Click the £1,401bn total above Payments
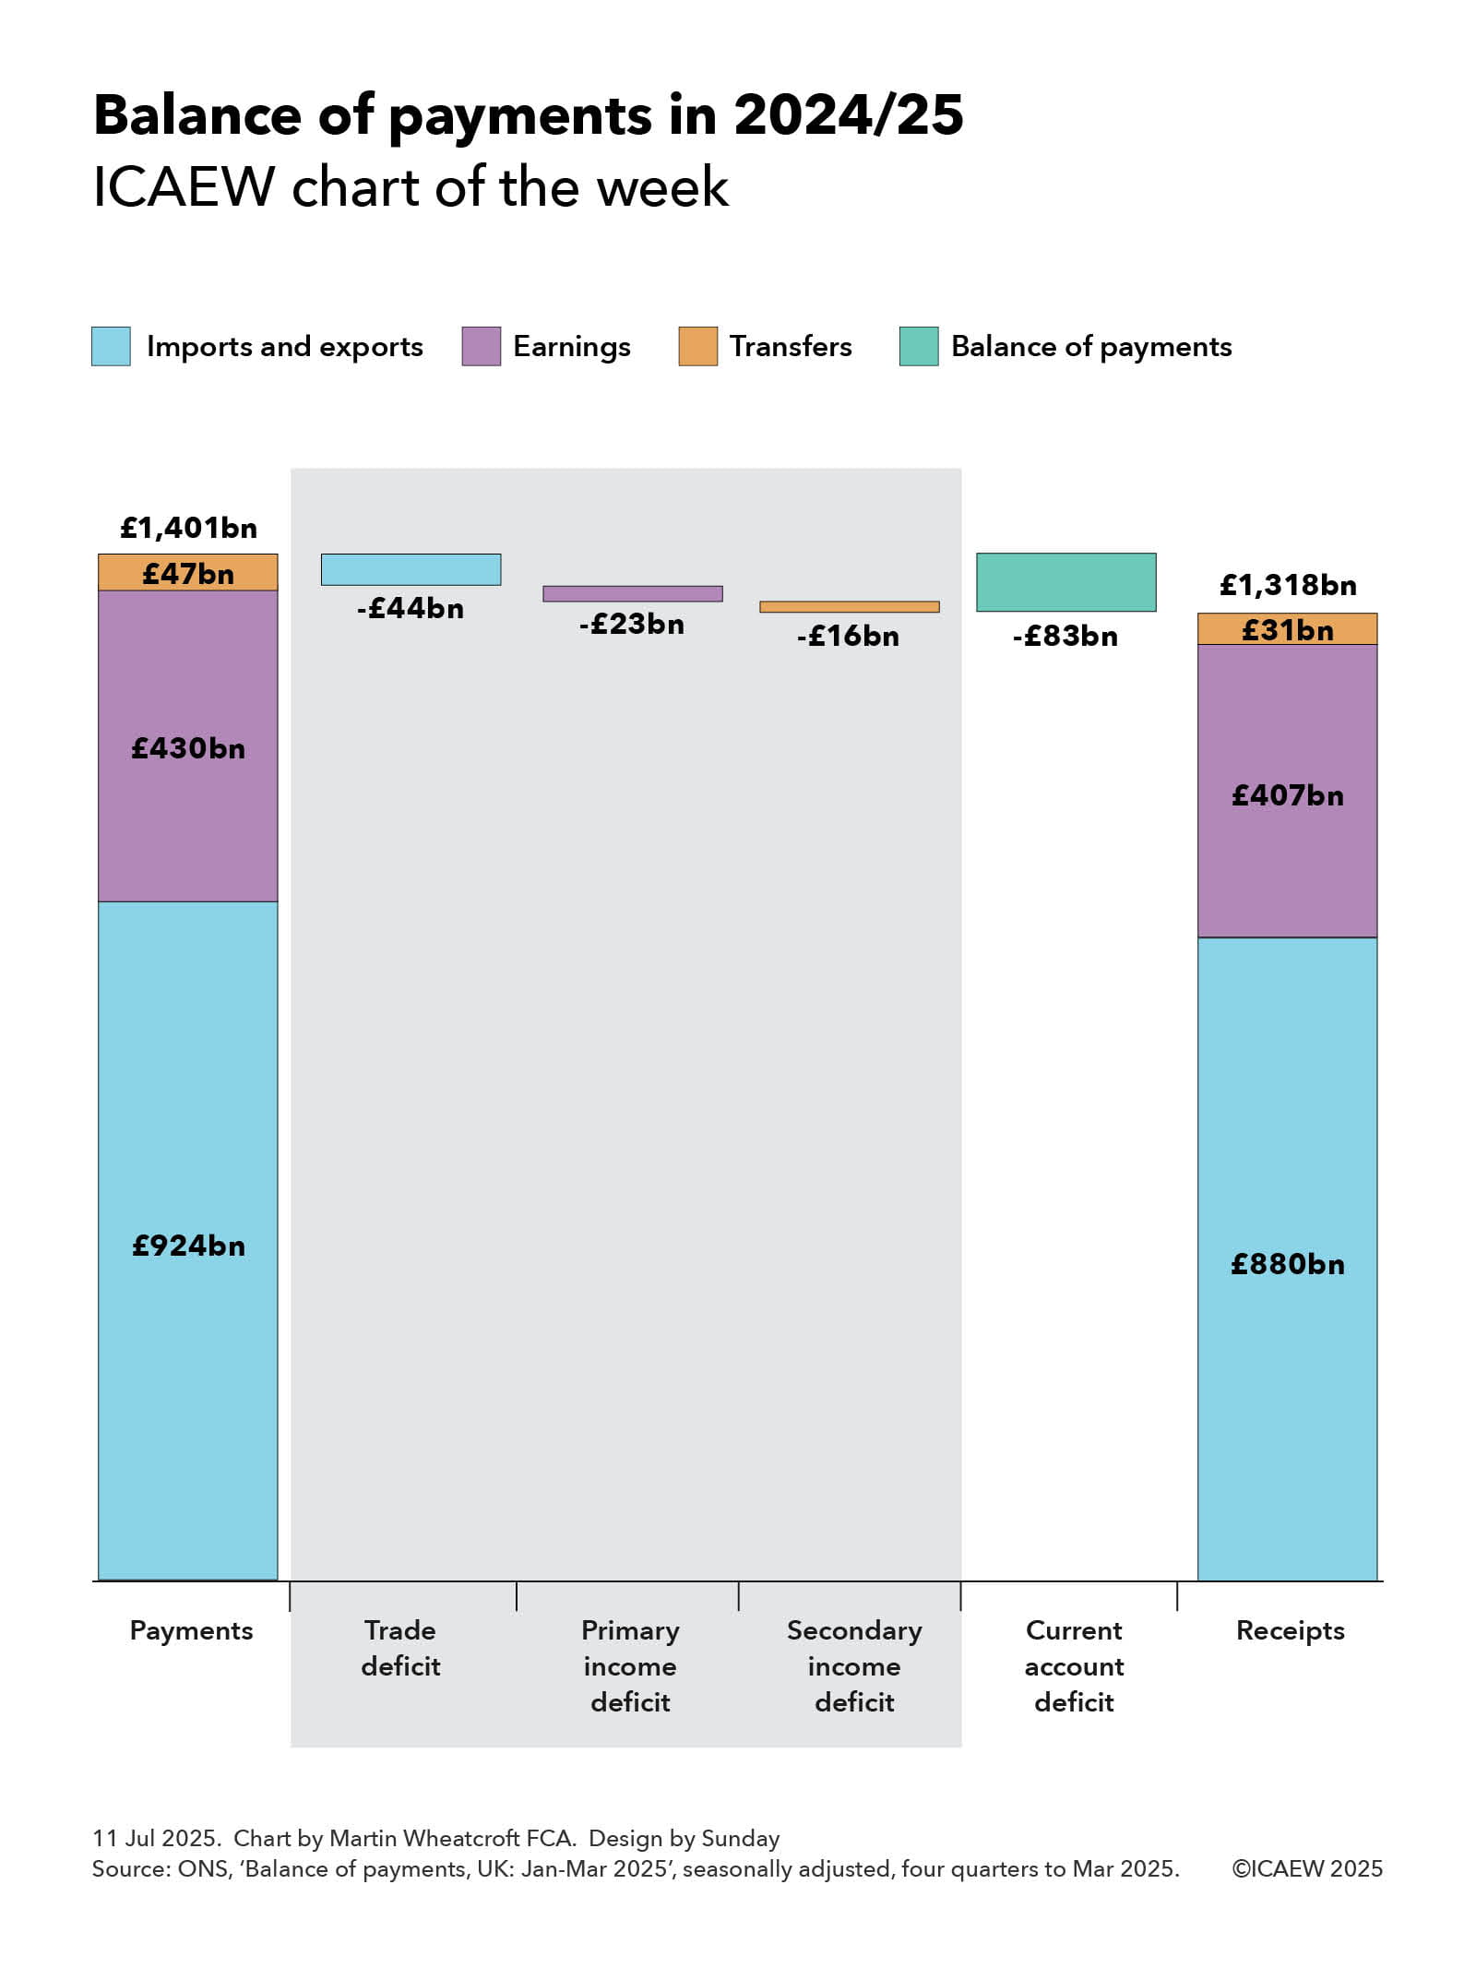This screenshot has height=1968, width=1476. pyautogui.click(x=188, y=528)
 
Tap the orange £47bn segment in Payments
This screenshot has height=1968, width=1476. pyautogui.click(x=188, y=573)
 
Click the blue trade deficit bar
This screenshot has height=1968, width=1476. pyautogui.click(x=411, y=569)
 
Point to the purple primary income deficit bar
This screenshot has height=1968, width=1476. pyautogui.click(x=632, y=593)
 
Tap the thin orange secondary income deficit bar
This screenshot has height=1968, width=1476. pyautogui.click(x=849, y=607)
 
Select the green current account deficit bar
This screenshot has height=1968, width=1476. pyautogui.click(x=1065, y=582)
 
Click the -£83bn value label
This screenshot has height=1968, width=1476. pyautogui.click(x=1065, y=636)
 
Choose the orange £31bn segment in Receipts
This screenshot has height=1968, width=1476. pyautogui.click(x=1287, y=629)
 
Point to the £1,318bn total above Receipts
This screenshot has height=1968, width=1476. pyautogui.click(x=1288, y=585)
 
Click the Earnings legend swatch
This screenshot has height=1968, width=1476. pyautogui.click(x=481, y=346)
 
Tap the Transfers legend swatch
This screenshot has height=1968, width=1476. pyautogui.click(x=697, y=346)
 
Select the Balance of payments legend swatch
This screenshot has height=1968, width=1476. pyautogui.click(x=919, y=346)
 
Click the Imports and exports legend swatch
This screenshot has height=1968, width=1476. pyautogui.click(x=111, y=346)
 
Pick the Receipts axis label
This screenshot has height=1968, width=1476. pyautogui.click(x=1290, y=1630)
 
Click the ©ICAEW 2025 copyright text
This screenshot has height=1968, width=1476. pyautogui.click(x=1307, y=1868)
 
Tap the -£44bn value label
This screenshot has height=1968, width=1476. pyautogui.click(x=411, y=608)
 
